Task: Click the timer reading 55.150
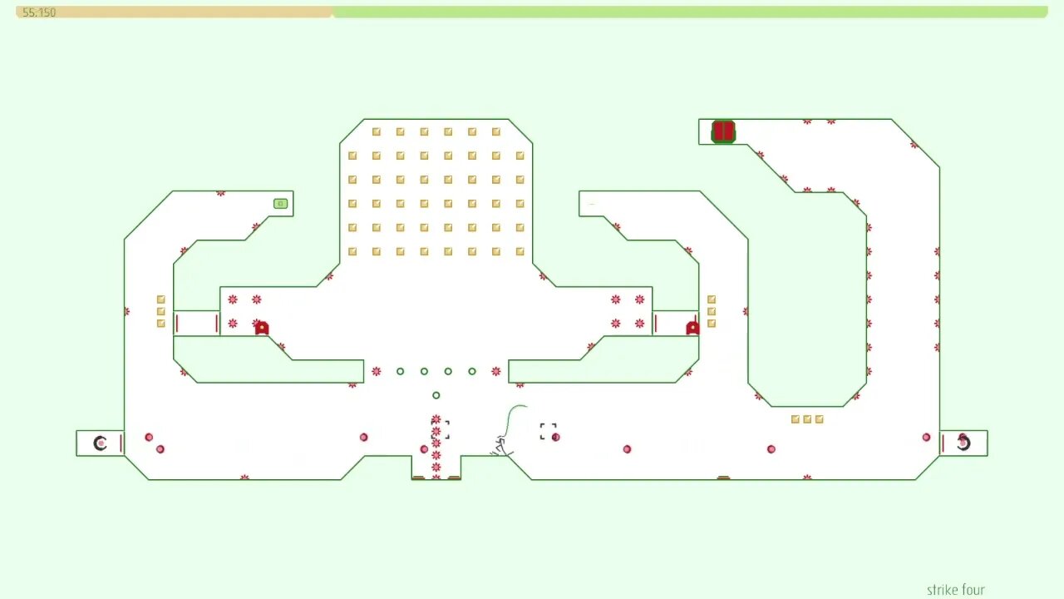coord(39,12)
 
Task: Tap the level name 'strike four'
coord(955,590)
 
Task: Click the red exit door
coord(723,131)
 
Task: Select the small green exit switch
coord(281,204)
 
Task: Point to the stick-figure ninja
coord(501,446)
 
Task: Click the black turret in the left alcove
coord(100,443)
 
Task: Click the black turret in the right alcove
coord(963,443)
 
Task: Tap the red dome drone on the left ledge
coord(262,328)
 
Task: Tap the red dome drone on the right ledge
coord(692,328)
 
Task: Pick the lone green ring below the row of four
coord(436,395)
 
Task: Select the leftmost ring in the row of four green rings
coord(401,371)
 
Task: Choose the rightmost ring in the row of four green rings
coord(472,371)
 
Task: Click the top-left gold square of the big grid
coord(377,131)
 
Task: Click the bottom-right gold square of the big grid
coord(520,251)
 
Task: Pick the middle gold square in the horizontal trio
coord(807,419)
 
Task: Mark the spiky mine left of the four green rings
coord(377,371)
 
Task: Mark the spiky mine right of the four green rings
coord(496,371)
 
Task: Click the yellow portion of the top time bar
coord(175,12)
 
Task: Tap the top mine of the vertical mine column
coord(436,419)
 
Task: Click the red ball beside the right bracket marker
coord(555,437)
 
